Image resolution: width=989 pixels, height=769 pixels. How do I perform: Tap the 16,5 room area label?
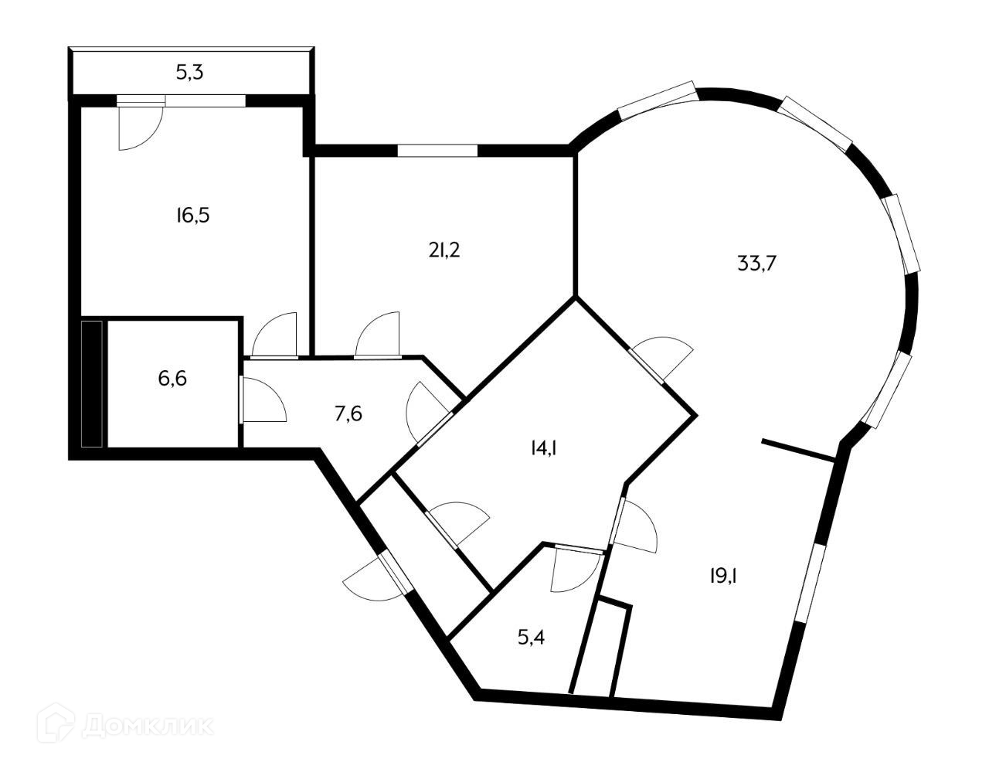pos(192,215)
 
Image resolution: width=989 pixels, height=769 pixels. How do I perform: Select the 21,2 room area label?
pos(444,250)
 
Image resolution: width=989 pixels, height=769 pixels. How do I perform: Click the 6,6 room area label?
pos(170,379)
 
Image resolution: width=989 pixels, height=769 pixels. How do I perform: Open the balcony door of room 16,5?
pos(141,124)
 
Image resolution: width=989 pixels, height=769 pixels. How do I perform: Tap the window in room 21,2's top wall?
pos(437,150)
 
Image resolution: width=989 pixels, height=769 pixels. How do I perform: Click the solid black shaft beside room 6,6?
pos(92,383)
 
